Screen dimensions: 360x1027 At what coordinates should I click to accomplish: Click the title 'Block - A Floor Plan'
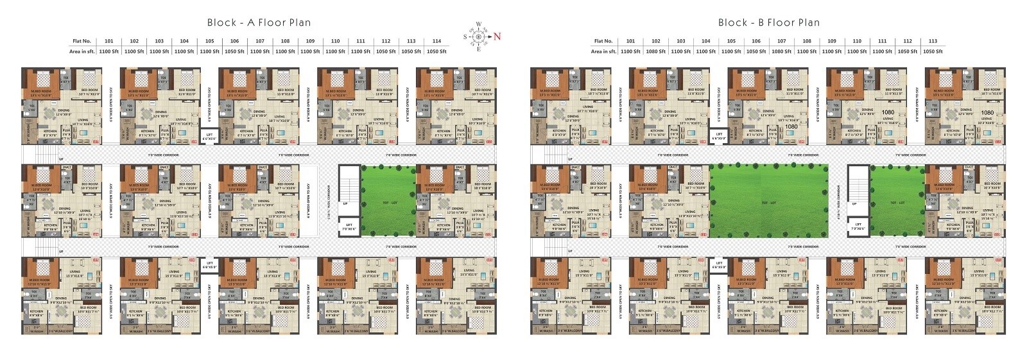point(259,22)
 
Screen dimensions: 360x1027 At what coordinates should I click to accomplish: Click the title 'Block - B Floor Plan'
point(769,22)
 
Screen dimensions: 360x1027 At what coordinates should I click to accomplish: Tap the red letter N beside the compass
point(497,36)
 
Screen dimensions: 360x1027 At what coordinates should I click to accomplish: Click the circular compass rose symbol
point(478,36)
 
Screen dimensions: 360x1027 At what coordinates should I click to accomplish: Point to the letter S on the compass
point(465,37)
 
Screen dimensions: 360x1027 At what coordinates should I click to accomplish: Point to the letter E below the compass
point(478,49)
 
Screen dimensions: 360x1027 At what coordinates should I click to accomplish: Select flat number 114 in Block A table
point(436,41)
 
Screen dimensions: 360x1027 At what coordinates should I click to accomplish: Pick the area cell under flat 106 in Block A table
point(234,51)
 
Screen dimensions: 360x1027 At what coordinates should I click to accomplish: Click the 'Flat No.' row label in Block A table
point(82,41)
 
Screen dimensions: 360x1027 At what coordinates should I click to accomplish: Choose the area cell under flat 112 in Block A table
point(386,51)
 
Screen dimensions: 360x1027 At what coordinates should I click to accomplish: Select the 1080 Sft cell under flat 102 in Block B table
point(655,51)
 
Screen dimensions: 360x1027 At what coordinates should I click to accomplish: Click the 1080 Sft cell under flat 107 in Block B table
point(781,51)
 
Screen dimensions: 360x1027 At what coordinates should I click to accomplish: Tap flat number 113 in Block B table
point(933,41)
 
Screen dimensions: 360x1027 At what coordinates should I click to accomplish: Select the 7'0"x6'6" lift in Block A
point(349,227)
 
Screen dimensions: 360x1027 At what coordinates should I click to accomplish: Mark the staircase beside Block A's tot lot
point(349,183)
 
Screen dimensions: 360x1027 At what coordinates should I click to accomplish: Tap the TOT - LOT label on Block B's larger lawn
point(768,203)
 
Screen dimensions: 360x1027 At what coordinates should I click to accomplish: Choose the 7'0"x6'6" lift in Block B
point(858,227)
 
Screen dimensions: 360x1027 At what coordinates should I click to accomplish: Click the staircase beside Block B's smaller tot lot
point(858,183)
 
